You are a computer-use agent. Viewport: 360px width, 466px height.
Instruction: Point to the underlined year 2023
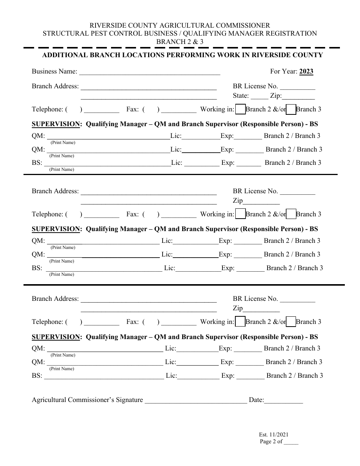point(306,71)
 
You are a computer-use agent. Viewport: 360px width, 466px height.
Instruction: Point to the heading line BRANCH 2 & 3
point(180,42)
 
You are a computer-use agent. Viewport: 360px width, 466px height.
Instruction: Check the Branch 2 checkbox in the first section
point(240,109)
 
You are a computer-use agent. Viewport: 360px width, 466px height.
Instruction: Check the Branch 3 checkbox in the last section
point(291,322)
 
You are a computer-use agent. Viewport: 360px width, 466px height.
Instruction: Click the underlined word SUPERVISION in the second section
point(56,229)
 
